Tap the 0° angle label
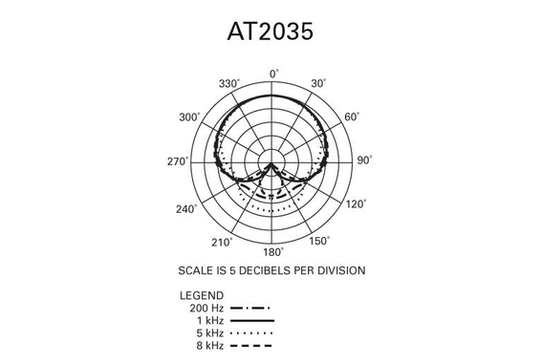tap(274, 73)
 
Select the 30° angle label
tap(319, 84)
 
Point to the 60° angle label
tap(353, 117)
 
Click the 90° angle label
tap(365, 161)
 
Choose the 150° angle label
tap(321, 240)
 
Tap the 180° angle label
tap(274, 252)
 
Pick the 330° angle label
tap(228, 84)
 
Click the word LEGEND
tap(201, 296)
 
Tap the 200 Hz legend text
tap(206, 309)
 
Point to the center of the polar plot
tap(274, 162)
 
